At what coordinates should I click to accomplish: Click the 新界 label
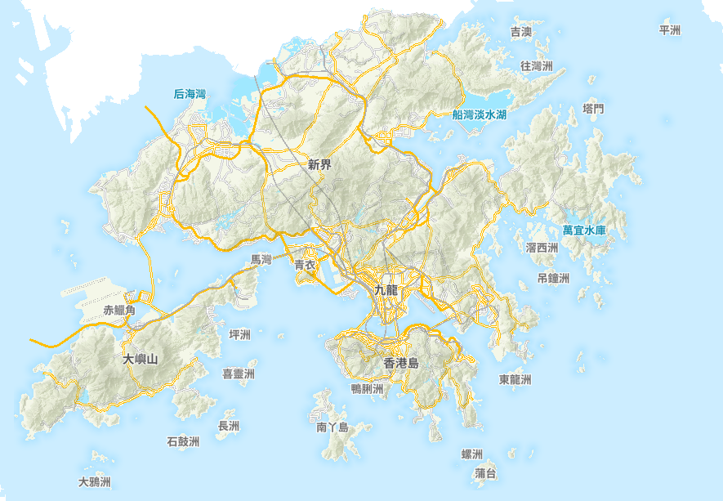[319, 165]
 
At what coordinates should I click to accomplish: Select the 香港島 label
[401, 363]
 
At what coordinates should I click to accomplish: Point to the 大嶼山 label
[140, 359]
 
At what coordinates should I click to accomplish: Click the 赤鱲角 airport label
[119, 311]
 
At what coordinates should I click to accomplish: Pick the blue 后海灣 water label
[190, 95]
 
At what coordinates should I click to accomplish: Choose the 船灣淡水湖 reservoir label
[479, 115]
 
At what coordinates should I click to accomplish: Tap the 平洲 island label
[669, 30]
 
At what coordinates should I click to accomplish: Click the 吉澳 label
[521, 32]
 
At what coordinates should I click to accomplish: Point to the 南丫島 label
[332, 427]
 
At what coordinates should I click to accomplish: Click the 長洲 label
[229, 427]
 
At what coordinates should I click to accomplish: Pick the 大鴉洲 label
[94, 482]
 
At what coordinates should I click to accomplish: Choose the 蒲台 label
[485, 474]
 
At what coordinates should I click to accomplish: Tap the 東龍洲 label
[515, 380]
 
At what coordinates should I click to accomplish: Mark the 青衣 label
[305, 265]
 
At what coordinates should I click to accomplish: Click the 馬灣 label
[261, 259]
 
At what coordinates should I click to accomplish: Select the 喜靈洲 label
[239, 374]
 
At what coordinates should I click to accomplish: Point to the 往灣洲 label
[537, 65]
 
